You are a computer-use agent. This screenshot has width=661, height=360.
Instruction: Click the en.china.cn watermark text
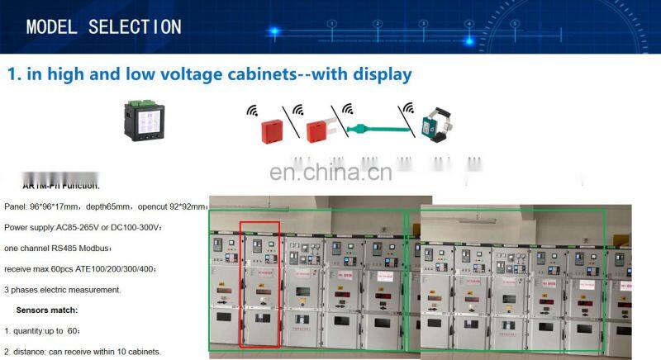330,173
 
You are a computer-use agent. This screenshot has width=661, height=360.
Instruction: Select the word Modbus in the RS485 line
94,247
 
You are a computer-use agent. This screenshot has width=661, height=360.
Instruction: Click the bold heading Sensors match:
47,310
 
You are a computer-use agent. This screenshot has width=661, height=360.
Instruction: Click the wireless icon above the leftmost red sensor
252,108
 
